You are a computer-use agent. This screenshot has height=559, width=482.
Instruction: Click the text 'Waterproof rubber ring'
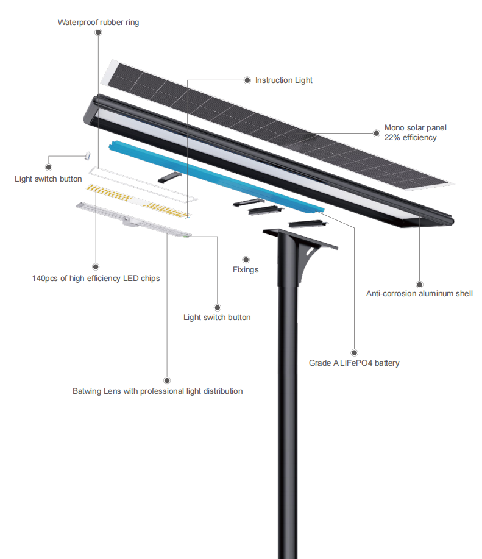pyautogui.click(x=98, y=23)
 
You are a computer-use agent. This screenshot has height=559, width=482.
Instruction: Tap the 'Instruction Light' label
pyautogui.click(x=283, y=80)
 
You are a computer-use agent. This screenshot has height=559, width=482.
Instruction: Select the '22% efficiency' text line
pyautogui.click(x=410, y=138)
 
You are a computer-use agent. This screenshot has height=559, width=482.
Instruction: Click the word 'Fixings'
pyautogui.click(x=246, y=269)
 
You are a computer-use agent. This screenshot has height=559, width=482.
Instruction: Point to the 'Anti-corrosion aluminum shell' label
pyautogui.click(x=419, y=294)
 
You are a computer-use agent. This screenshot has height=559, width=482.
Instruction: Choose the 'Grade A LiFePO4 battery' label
pyautogui.click(x=354, y=363)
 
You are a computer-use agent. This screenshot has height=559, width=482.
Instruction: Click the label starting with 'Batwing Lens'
pyautogui.click(x=157, y=391)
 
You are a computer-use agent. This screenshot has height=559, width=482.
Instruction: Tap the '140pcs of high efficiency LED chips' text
pyautogui.click(x=96, y=279)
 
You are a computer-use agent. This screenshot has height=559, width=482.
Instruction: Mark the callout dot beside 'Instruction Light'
pyautogui.click(x=247, y=80)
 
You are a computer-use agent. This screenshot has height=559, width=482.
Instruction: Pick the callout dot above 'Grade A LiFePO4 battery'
pyautogui.click(x=354, y=352)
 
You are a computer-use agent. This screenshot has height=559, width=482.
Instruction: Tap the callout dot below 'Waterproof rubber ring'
pyautogui.click(x=98, y=34)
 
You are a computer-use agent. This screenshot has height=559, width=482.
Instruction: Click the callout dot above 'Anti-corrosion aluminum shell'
pyautogui.click(x=419, y=283)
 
